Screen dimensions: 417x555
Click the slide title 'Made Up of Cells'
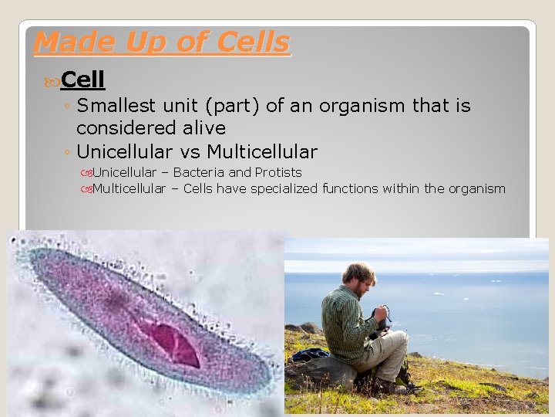[x=162, y=42]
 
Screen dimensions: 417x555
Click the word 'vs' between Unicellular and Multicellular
[x=190, y=151]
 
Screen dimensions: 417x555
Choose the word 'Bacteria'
[x=198, y=172]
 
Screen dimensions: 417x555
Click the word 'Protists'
[x=278, y=172]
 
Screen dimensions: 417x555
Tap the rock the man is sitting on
[x=324, y=374]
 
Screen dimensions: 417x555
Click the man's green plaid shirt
[x=343, y=320]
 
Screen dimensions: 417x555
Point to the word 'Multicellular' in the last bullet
[x=129, y=188]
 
